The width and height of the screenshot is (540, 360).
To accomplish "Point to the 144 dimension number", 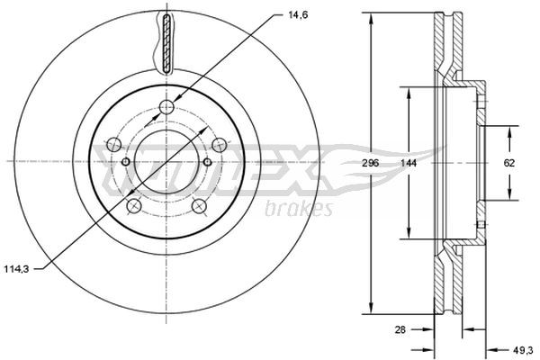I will click(x=408, y=164).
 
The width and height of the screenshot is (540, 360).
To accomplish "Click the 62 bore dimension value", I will click(x=509, y=163).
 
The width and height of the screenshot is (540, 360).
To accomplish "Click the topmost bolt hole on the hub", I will click(x=166, y=109).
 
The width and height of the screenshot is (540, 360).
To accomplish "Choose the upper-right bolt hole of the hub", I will click(x=218, y=144).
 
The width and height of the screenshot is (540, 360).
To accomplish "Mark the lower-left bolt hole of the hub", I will click(x=134, y=206).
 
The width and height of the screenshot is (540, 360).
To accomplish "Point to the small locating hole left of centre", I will click(x=125, y=162).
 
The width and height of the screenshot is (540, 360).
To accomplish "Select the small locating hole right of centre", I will click(x=207, y=162).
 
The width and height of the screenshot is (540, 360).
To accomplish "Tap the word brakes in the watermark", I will click(x=300, y=209).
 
